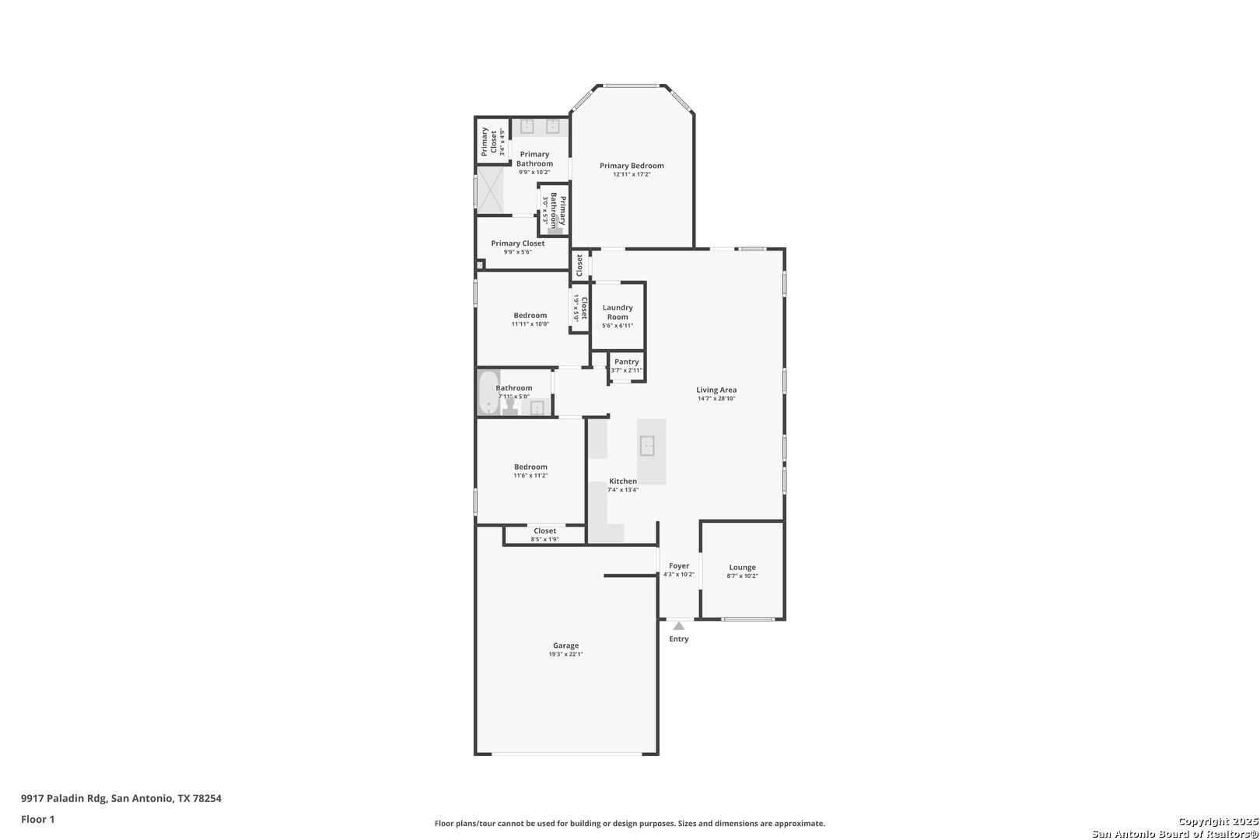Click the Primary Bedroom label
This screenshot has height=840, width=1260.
(631, 166)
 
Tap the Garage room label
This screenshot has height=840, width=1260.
(565, 646)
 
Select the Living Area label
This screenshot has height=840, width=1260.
(716, 390)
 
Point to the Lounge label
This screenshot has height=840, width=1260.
(742, 567)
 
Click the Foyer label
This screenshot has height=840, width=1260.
(679, 565)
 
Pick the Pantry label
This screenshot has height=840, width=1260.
(626, 362)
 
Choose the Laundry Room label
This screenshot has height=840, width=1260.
(618, 312)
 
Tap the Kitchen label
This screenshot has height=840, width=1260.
(623, 481)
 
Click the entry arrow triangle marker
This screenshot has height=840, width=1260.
(679, 625)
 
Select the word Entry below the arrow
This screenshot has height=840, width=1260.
(678, 639)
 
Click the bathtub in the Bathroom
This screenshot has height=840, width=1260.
(488, 392)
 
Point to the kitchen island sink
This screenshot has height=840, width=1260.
(647, 446)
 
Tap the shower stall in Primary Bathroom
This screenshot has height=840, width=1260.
(491, 190)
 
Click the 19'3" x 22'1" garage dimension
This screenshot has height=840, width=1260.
(565, 654)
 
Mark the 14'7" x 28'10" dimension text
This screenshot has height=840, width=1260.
(716, 398)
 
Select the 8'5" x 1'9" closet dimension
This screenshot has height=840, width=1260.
(544, 540)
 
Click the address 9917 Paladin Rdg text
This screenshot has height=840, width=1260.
(64, 798)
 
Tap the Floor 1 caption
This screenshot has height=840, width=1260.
(37, 819)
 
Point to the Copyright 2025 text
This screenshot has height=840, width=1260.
(1218, 821)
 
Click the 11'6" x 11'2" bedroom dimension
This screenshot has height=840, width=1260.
(530, 475)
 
